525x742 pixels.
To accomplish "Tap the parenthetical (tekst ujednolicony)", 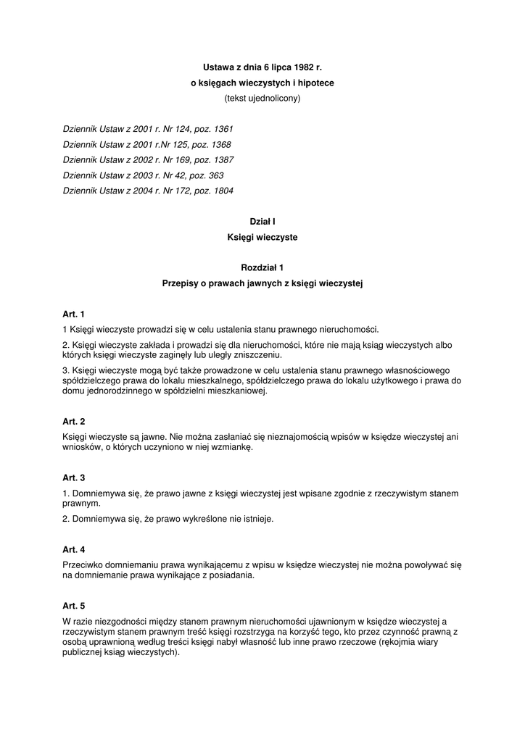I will click(262, 98).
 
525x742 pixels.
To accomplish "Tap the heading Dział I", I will click(262, 221).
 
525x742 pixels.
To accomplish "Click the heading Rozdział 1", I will click(262, 268).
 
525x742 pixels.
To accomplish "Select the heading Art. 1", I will click(74, 314).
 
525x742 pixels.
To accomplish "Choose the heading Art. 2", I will click(74, 421).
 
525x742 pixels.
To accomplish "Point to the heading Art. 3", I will click(74, 478).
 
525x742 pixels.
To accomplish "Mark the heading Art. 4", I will click(74, 549).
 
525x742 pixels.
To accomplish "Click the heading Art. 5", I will click(74, 606).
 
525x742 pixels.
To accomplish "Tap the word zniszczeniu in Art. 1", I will click(256, 355).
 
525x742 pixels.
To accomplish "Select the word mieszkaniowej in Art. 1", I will click(239, 391).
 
